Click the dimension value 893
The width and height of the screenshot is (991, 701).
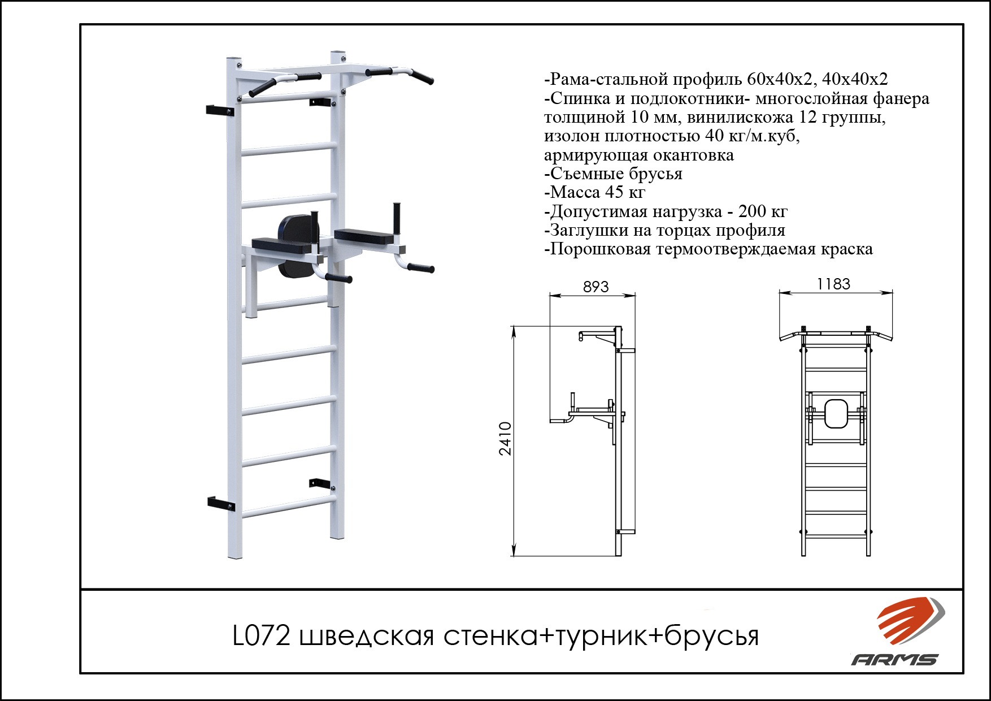click(596, 287)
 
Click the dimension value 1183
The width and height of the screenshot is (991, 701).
click(833, 284)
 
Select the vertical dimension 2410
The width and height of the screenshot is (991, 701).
click(505, 438)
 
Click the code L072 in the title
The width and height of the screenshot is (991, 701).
click(262, 636)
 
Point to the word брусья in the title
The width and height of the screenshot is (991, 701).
click(711, 637)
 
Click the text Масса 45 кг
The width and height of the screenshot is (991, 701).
click(594, 192)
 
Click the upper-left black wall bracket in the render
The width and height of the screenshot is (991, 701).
click(220, 110)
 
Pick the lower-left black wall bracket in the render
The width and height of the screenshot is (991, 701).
click(220, 503)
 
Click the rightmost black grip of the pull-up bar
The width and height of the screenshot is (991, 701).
click(422, 77)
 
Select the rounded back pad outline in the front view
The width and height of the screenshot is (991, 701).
click(836, 414)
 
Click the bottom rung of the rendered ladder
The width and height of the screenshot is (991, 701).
click(288, 507)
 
